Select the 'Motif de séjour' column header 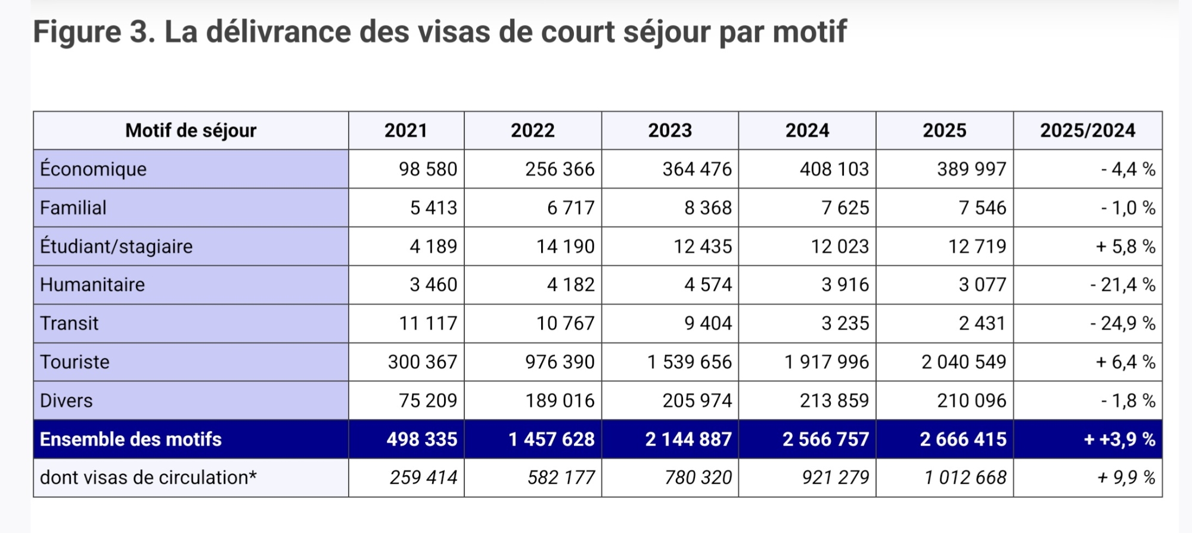(x=191, y=130)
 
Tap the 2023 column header (x=670, y=130)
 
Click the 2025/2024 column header (x=1088, y=130)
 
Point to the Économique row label (x=93, y=169)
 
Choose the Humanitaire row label (x=92, y=285)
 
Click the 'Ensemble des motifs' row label (x=131, y=440)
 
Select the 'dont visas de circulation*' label (x=148, y=478)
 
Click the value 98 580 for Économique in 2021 (x=428, y=169)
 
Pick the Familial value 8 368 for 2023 (x=707, y=208)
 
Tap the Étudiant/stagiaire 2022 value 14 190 (x=565, y=247)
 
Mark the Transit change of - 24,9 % (x=1122, y=323)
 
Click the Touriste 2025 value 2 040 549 (x=964, y=362)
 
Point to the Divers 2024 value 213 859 (x=834, y=401)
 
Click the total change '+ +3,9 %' (x=1119, y=440)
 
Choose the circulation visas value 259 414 (x=423, y=478)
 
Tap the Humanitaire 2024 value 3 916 (x=845, y=285)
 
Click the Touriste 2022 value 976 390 (x=560, y=362)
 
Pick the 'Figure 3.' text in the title (x=94, y=32)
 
